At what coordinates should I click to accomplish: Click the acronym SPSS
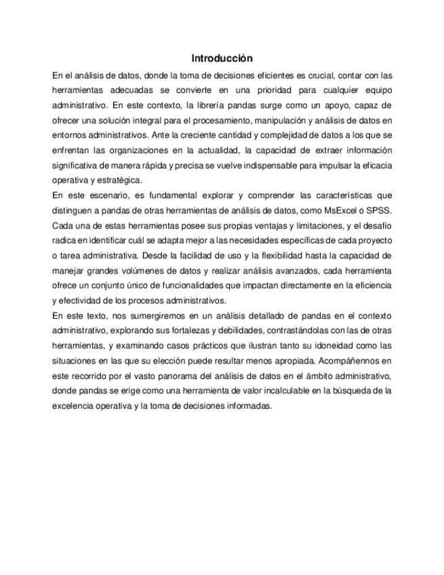381,210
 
